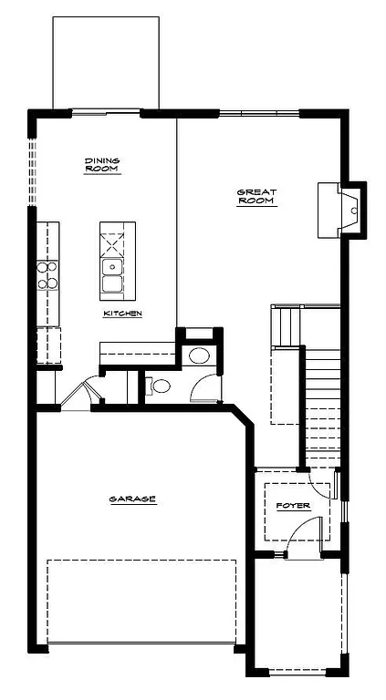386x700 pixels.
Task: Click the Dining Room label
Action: coord(102,165)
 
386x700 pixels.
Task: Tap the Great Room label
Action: coord(256,197)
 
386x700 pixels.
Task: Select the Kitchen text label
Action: coord(121,314)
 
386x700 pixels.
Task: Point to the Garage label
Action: coord(132,499)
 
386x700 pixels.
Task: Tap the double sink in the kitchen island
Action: coord(112,275)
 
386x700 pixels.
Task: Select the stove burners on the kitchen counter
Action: coord(47,274)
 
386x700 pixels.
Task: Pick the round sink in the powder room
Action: coord(198,355)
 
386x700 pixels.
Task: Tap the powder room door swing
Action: coord(204,387)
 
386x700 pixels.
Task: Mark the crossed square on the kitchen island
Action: coord(112,245)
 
